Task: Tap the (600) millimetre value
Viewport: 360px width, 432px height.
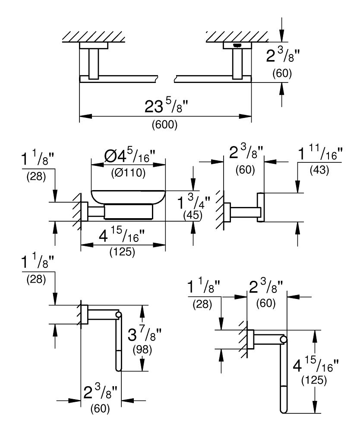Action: [164, 125]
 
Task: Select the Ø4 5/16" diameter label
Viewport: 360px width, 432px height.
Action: [130, 156]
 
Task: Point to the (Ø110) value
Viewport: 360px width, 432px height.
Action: [128, 173]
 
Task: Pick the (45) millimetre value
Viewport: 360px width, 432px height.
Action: [193, 215]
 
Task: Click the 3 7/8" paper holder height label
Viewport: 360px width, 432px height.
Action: [145, 335]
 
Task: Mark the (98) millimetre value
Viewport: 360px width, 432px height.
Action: [142, 350]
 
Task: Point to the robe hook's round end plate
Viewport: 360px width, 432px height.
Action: [261, 207]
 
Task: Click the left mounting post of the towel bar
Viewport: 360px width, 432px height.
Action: [93, 64]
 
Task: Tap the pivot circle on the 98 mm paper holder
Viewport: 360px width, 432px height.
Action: [119, 314]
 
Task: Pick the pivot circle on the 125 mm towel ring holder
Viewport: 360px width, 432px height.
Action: [284, 340]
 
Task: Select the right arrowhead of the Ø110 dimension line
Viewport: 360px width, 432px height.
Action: [160, 165]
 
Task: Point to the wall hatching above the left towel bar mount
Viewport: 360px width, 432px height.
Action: [94, 37]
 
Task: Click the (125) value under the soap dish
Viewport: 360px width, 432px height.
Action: [122, 252]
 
